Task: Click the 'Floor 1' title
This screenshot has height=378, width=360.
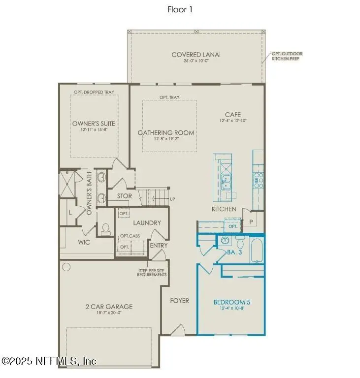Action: point(180,10)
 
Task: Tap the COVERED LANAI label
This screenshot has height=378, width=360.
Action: point(196,55)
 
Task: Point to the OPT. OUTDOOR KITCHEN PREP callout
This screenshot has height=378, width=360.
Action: point(288,56)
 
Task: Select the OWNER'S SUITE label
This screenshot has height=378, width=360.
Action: point(94,124)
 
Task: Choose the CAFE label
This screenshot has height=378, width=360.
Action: point(233,115)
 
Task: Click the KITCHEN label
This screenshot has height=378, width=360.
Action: point(224,209)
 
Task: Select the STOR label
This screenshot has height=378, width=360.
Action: point(124,196)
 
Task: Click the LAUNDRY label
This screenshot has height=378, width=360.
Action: point(147,222)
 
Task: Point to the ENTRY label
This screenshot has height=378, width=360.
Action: point(159,245)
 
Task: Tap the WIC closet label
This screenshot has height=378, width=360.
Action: point(85,242)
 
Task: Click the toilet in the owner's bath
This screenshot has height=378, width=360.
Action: point(105,228)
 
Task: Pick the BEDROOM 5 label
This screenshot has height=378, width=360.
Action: point(231,302)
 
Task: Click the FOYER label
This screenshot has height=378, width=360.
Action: point(179,301)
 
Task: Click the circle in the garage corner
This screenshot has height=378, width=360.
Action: point(66,267)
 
